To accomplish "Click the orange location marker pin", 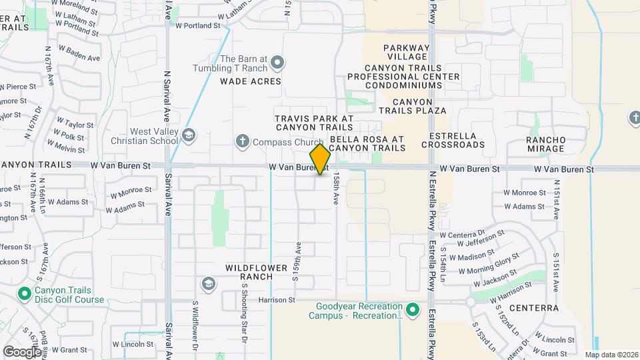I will (320, 159).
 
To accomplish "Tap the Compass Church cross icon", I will (242, 141).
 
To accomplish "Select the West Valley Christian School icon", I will (189, 136).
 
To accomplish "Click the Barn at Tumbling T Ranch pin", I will (278, 63).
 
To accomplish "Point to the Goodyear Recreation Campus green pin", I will (413, 310).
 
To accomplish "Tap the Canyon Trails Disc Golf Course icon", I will (25, 293).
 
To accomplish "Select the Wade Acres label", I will (251, 81).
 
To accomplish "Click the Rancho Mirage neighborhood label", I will (546, 144).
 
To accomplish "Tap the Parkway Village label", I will (406, 52).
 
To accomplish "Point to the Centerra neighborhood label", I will (533, 308).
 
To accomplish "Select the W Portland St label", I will (197, 26).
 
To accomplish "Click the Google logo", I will (22, 351).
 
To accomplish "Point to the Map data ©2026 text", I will (611, 355).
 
